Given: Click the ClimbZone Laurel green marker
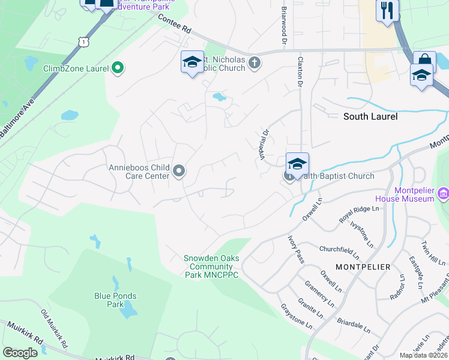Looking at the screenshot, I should coord(118,68).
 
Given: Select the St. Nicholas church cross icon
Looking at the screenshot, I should coord(255,62).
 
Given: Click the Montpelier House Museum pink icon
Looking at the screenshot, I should coord(443,193).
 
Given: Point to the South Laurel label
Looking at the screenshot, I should coord(370,116).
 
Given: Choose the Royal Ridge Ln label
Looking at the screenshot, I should coord(359,214).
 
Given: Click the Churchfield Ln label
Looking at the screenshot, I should coord(339,250).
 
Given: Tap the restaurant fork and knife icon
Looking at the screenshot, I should coord(387,10).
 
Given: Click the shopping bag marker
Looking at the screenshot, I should coord(424,60).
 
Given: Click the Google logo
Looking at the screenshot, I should coord(20,353).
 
